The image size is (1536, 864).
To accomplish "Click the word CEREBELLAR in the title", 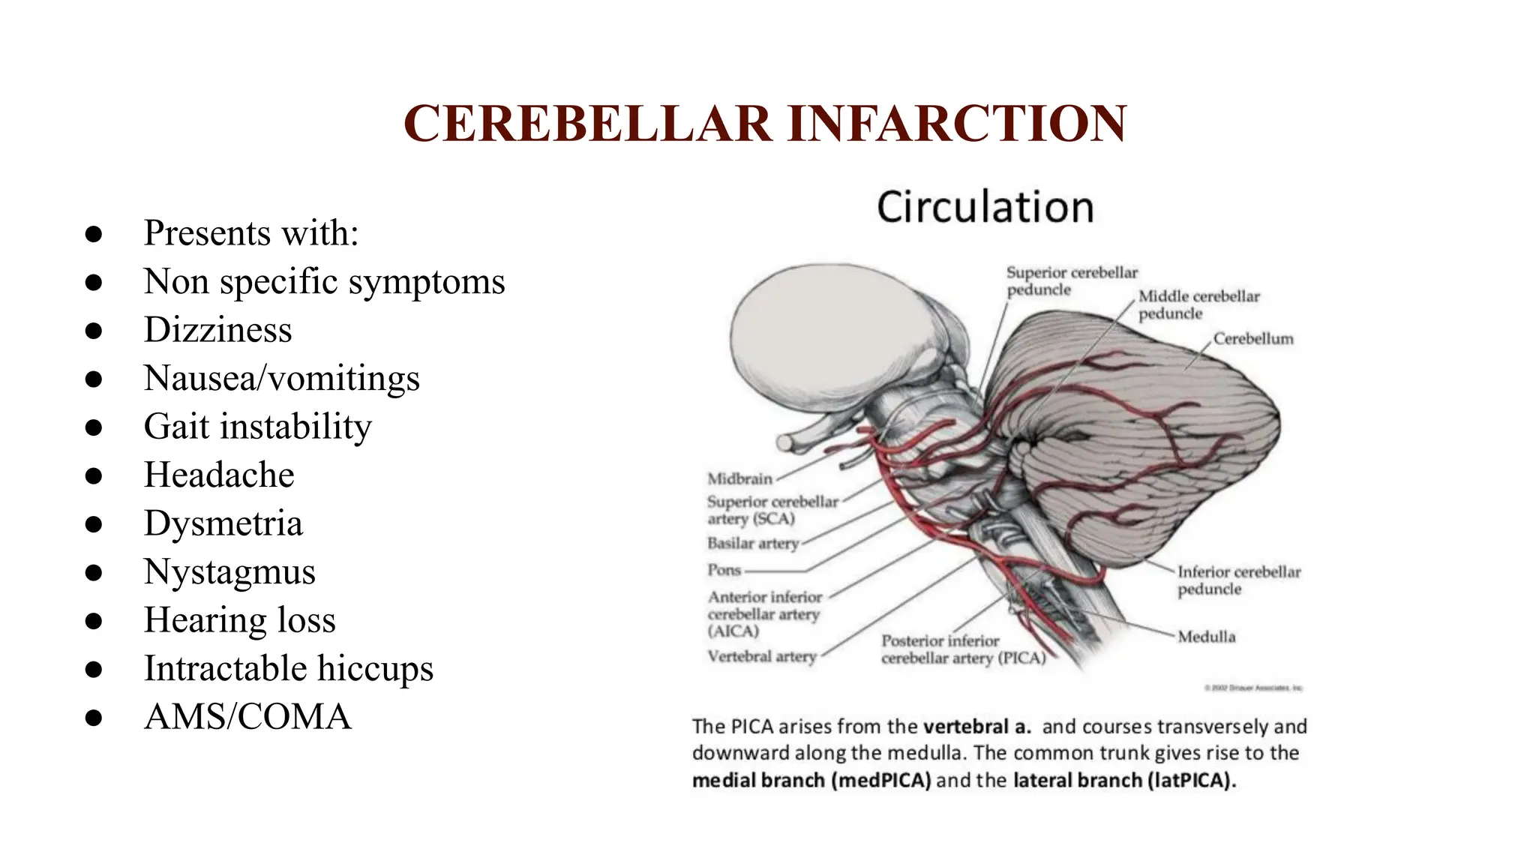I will click(x=588, y=124).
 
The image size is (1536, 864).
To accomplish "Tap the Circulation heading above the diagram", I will click(x=985, y=208).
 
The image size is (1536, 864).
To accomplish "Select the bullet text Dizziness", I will click(x=217, y=330).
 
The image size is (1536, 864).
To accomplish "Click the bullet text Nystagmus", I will click(x=229, y=571).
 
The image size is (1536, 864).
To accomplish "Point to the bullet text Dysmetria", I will click(x=223, y=523).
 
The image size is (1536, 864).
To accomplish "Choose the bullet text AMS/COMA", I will click(x=247, y=717).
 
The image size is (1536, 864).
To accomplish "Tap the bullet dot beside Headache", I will click(x=94, y=475).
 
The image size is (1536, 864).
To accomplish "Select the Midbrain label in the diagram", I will click(x=739, y=478).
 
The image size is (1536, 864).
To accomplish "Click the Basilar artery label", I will click(x=752, y=543).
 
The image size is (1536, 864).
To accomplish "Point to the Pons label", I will click(x=724, y=570).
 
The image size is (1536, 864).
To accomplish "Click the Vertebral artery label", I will click(x=761, y=656).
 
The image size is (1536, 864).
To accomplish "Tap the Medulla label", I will click(x=1206, y=637).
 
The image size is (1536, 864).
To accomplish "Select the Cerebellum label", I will click(x=1253, y=339).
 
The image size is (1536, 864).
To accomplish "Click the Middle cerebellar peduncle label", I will click(x=1198, y=304).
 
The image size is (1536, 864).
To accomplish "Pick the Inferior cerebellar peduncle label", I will click(x=1238, y=580).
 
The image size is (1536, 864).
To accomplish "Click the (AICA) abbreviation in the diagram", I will click(x=733, y=631).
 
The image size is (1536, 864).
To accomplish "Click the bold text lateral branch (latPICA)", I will click(x=1123, y=781).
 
